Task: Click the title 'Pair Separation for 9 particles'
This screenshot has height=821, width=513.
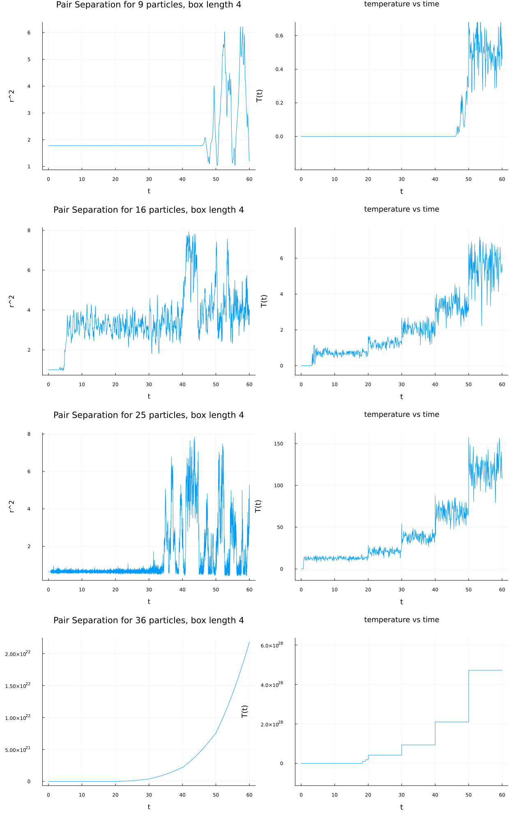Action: tap(148, 5)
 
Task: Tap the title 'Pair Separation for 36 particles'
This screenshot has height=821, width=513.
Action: tap(148, 620)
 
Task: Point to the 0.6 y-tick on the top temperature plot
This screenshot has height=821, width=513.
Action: tap(279, 36)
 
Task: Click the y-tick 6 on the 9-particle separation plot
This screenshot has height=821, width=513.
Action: tap(29, 33)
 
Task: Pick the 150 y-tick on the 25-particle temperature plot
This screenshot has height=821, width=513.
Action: tap(278, 444)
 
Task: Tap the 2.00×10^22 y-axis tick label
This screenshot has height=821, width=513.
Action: tap(18, 653)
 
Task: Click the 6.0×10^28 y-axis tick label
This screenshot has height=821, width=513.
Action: tap(271, 645)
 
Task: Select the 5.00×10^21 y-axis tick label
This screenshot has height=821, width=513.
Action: tap(18, 750)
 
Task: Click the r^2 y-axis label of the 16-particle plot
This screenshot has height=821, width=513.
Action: tap(12, 301)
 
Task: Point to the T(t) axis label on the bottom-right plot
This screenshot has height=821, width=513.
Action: tap(245, 711)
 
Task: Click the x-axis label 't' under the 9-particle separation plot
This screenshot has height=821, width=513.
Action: tap(149, 191)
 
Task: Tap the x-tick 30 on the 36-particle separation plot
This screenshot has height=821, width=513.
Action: tap(149, 795)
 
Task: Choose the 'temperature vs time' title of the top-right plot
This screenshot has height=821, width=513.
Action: tap(401, 4)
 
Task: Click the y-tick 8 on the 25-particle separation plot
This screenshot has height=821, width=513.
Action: tap(29, 434)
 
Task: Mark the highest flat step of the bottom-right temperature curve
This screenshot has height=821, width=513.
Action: tap(485, 670)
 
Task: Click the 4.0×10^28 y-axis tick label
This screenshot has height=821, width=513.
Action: tap(271, 685)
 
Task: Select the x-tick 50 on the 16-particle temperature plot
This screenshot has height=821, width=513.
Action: tap(469, 384)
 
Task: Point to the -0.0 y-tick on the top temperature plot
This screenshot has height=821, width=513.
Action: tap(279, 137)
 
